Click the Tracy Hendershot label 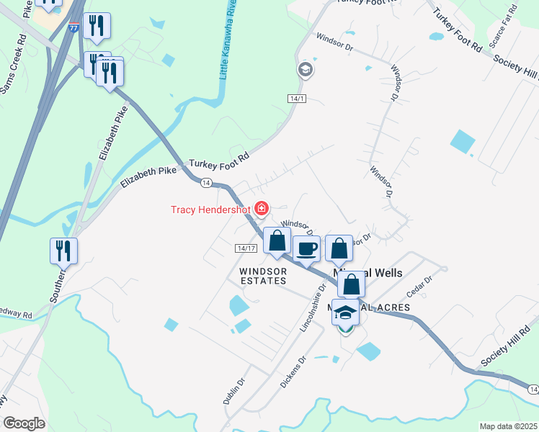click(x=210, y=210)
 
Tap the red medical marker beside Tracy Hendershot click(x=261, y=210)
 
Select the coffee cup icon click(x=306, y=249)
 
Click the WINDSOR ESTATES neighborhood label click(x=263, y=276)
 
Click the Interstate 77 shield click(x=74, y=27)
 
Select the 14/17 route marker click(x=246, y=248)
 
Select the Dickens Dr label click(x=293, y=370)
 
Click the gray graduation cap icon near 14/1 click(x=305, y=69)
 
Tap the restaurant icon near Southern click(x=63, y=251)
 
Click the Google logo click(x=23, y=423)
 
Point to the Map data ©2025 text click(x=508, y=426)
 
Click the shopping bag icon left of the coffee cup click(x=277, y=241)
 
